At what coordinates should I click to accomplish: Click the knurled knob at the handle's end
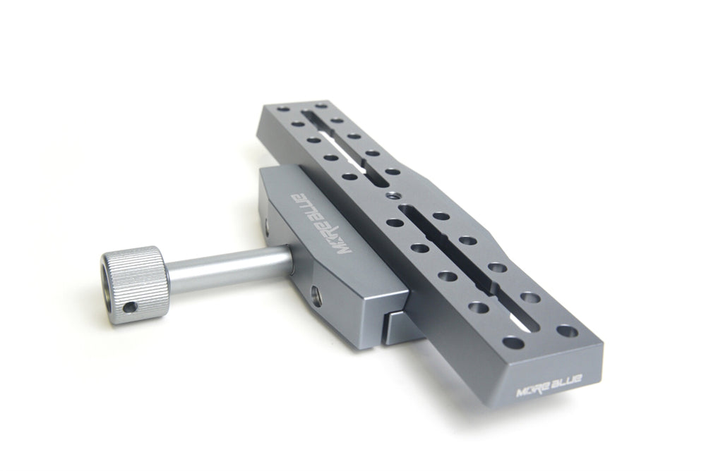(x=134, y=284)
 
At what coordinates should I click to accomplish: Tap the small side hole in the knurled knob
(x=131, y=307)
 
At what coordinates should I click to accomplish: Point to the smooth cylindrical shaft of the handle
(x=229, y=269)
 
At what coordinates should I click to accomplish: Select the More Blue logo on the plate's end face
(x=549, y=385)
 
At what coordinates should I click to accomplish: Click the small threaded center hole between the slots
(x=391, y=195)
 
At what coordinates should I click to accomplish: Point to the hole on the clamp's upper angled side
(x=268, y=227)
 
